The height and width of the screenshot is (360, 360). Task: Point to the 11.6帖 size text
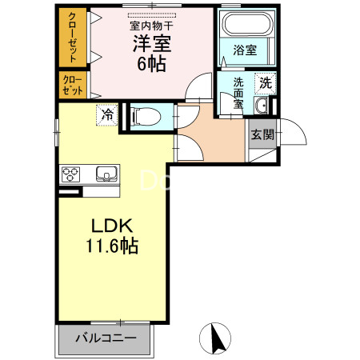pyautogui.click(x=112, y=246)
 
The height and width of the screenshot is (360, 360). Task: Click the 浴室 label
pyautogui.click(x=244, y=50)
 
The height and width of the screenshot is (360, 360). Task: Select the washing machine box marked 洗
pyautogui.click(x=265, y=82)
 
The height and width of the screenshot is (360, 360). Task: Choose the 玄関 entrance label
pyautogui.click(x=262, y=134)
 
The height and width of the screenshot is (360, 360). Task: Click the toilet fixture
pyautogui.click(x=145, y=116)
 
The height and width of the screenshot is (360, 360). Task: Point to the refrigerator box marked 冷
pyautogui.click(x=106, y=114)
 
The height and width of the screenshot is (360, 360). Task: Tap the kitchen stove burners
pyautogui.click(x=70, y=174)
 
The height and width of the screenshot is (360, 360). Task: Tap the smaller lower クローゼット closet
pyautogui.click(x=73, y=85)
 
